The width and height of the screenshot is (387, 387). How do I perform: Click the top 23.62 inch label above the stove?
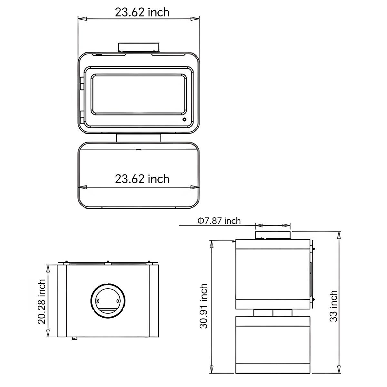coord(142,12)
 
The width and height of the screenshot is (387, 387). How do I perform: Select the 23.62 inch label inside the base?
coord(142,179)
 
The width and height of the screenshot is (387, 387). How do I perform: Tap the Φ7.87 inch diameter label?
coord(219,221)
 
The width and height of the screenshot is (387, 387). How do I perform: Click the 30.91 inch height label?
coord(203,306)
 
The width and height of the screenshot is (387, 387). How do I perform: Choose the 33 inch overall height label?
coord(333,306)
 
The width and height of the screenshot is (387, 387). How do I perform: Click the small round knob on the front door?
coord(184,120)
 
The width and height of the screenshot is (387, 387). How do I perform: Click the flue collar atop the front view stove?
coord(139,47)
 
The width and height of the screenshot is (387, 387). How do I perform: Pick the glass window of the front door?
coord(139,94)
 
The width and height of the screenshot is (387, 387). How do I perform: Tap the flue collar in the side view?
coord(273,235)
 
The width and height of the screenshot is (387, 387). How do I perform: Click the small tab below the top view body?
coord(74,338)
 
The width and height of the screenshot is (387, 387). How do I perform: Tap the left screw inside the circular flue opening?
coord(97,301)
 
